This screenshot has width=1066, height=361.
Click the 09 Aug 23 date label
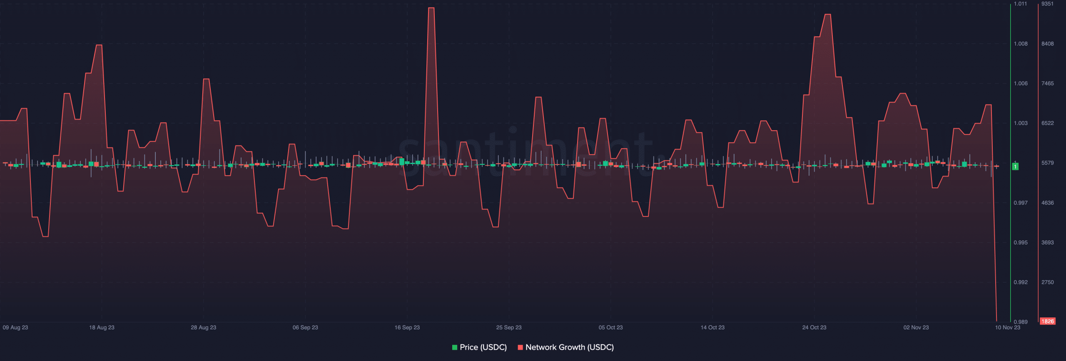pos(15,328)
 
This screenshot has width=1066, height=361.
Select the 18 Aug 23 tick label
pos(102,328)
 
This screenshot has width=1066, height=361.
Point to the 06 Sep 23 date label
pos(305,328)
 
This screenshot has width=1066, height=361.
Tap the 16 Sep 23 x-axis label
pos(407,328)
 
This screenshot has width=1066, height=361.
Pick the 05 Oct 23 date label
pos(610,328)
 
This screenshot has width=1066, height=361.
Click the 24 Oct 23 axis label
pos(814,328)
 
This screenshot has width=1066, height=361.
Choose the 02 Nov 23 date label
pos(916,328)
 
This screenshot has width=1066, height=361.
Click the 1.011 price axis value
pos(1020,4)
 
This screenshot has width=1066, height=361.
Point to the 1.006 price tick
pos(1021,84)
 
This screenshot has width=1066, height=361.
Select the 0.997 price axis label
pos(1021,203)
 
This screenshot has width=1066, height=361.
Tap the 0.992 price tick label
pos(1021,282)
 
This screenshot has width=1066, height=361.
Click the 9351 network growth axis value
pos(1048,4)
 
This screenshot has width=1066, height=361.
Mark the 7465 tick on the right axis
pos(1048,84)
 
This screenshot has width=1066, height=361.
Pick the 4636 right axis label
pos(1048,203)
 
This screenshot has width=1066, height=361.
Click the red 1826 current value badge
pos(1048,321)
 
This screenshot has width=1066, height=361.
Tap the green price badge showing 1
pos(1015,167)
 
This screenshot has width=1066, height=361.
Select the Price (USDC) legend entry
pos(479,347)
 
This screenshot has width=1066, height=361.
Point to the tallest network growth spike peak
pos(431,8)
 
